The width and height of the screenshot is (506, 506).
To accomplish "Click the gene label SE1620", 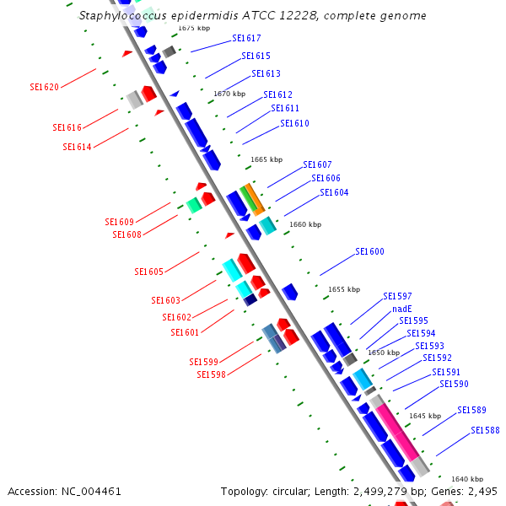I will tap(44, 87).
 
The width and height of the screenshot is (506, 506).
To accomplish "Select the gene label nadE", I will tap(402, 309).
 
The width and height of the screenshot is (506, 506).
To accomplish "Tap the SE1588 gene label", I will tap(485, 430).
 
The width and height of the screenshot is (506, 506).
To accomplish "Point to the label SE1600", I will tap(369, 251).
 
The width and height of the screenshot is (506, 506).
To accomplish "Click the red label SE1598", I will tap(211, 374).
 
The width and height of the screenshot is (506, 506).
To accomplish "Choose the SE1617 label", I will tap(246, 39).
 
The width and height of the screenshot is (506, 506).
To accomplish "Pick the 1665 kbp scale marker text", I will tap(266, 159).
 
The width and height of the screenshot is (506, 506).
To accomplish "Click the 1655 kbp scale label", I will tap(344, 289).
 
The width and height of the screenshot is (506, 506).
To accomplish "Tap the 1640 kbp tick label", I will tap(467, 479).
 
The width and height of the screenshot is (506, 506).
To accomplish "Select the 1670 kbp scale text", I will tap(229, 94).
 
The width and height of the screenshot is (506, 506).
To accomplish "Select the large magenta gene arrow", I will tap(396, 431).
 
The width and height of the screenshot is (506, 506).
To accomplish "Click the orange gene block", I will tap(255, 198).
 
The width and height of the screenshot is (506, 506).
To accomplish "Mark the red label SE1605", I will tap(149, 272).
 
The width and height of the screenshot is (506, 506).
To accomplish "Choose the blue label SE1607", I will tap(317, 164).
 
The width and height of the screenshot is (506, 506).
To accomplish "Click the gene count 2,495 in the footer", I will tap(482, 491).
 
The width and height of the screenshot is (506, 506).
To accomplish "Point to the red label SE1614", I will tap(77, 147).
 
